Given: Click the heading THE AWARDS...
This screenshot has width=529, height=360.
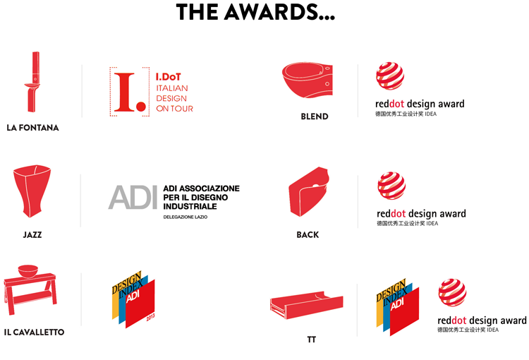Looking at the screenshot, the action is pos(255,12).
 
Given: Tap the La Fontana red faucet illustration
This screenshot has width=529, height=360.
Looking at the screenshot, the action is pos(33,82).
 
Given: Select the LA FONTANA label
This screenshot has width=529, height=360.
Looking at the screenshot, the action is pos(32,128).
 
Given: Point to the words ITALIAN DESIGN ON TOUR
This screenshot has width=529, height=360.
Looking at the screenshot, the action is pos(174,98).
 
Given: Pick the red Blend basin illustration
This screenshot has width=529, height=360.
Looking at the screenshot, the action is pos(308,80).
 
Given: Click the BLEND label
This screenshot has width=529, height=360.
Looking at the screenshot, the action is pos(315,116).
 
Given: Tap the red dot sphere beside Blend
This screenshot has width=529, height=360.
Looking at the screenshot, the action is pos(390,76).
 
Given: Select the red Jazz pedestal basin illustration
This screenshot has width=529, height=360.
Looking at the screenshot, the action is pos(32,191).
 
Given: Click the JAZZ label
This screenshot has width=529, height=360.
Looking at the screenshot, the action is pos(32,235).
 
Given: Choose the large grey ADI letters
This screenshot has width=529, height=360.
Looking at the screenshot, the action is pos(133,197).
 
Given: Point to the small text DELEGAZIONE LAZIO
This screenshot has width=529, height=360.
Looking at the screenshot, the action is pos(186,217).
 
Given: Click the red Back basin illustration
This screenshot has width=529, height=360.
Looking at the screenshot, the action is pos(309,191).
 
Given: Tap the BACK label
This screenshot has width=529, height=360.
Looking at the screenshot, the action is pos(308,235).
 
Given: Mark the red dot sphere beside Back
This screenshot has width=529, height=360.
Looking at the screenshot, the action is pos(391,186).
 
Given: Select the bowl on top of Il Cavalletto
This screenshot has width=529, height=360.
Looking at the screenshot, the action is pos(28,271).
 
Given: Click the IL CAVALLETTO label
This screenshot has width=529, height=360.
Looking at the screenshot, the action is pos(34,332).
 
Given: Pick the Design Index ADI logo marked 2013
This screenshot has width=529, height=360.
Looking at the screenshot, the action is pos(133,299).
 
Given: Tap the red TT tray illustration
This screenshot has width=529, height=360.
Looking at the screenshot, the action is pos(306,305).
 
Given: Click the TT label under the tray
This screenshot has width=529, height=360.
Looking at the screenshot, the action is pos(311,340).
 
